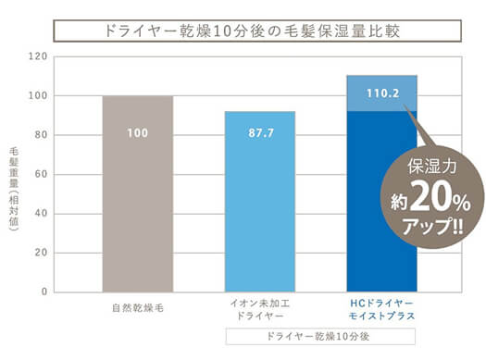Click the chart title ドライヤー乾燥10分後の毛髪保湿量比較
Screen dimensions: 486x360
[x=252, y=31]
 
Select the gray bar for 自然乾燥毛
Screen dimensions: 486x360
[x=138, y=193]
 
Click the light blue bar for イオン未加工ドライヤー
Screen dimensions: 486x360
[x=260, y=202]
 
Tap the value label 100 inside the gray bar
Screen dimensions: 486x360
[x=138, y=133]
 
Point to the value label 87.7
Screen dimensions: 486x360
[x=261, y=133]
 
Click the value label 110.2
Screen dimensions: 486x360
[x=383, y=93]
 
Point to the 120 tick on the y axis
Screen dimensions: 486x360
[x=38, y=56]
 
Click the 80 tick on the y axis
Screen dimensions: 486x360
[x=42, y=135]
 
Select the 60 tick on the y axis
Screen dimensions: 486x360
[x=42, y=174]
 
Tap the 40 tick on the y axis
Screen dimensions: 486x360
[x=42, y=213]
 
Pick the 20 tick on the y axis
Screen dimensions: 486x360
[x=42, y=253]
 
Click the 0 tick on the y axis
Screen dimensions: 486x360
[x=44, y=292]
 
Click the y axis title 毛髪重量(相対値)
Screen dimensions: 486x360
[x=14, y=189]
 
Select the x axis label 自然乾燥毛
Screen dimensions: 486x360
[x=138, y=308]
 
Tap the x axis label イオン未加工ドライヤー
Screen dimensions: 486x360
[x=260, y=309]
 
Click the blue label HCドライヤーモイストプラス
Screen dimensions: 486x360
[x=381, y=309]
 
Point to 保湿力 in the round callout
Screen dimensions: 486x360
[x=432, y=166]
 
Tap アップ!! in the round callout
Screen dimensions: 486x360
[x=432, y=227]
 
